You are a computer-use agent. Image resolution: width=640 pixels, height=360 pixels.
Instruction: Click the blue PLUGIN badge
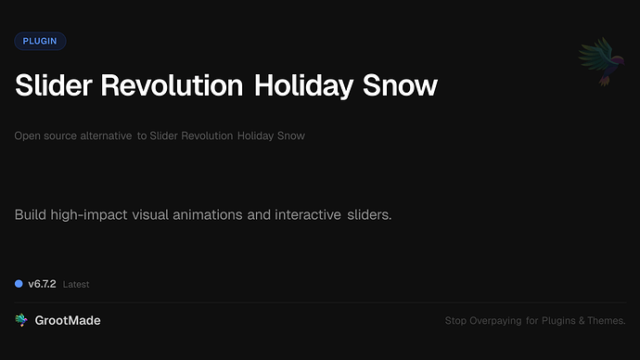[x=40, y=41]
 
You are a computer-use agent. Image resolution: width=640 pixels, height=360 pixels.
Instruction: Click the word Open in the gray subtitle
[x=26, y=136]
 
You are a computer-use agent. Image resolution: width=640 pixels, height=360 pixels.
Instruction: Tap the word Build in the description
[x=32, y=215]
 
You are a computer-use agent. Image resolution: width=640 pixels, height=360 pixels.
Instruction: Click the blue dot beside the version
[x=19, y=284]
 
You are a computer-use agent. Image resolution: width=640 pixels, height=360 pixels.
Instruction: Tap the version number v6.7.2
[x=43, y=284]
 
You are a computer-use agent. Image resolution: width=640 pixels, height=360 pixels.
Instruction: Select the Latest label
[x=76, y=285]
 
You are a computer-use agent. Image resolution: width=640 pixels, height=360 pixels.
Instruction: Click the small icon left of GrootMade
[x=21, y=320]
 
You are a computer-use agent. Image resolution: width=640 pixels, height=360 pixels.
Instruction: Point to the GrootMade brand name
[x=69, y=320]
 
